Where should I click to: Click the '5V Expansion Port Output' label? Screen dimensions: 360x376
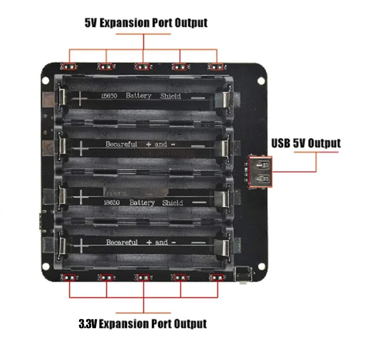(146, 23)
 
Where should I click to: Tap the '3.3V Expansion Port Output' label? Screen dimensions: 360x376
(143, 324)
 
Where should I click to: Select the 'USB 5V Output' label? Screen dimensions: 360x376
(306, 143)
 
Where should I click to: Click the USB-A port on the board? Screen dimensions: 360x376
(261, 171)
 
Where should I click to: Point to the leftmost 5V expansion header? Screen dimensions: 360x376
(69, 66)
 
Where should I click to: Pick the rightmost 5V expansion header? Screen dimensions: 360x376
(217, 66)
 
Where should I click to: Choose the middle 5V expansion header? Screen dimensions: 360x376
(143, 66)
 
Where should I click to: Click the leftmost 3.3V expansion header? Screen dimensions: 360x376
(69, 278)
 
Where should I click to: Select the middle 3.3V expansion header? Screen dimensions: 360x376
(143, 278)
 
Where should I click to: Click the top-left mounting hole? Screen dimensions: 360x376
(45, 80)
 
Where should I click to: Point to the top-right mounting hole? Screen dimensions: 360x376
(261, 80)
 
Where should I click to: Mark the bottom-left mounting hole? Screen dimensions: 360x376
(46, 266)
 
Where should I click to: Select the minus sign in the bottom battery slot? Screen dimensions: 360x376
(199, 243)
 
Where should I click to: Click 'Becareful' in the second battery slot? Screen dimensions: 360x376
(121, 145)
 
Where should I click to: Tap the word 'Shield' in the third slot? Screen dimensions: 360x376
(172, 203)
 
